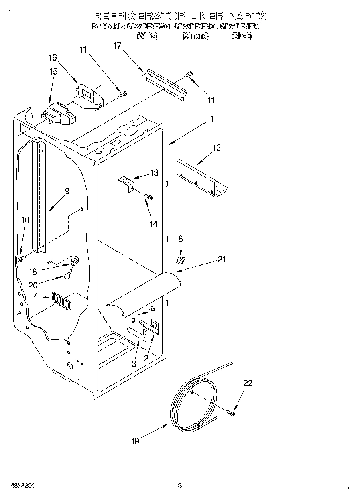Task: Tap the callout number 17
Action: coord(117,46)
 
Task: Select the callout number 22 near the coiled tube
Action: coord(248,383)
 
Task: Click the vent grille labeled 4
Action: coord(61,301)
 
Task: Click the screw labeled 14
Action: coord(149,197)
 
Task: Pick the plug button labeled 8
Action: coord(180,261)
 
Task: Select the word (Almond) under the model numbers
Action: coord(195,36)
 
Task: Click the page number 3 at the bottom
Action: coord(180,485)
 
